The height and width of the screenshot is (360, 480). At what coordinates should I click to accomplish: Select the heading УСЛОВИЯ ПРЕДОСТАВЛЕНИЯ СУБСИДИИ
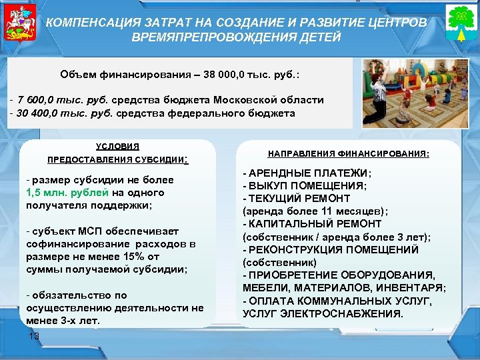[x=118, y=153]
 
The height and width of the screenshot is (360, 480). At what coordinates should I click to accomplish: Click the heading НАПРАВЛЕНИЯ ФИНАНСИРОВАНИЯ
[x=349, y=153]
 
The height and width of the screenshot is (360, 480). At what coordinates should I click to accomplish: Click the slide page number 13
[x=35, y=337]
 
